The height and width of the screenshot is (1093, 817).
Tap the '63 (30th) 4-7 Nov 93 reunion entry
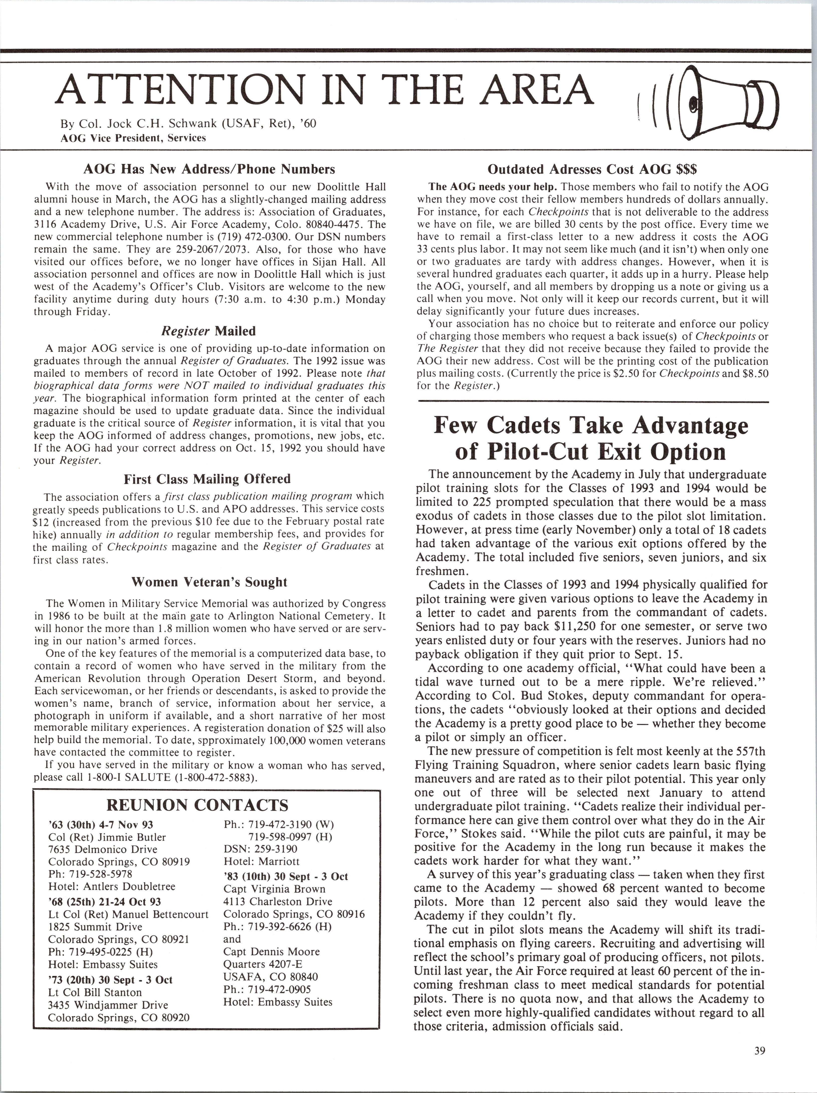(101, 825)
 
